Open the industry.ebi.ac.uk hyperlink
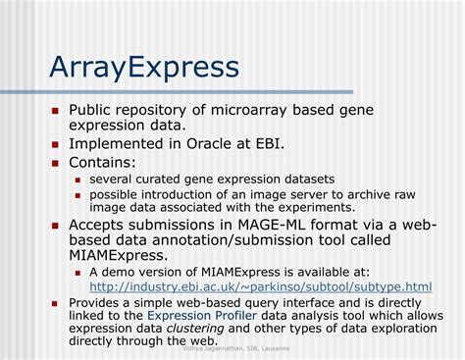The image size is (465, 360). coord(260,286)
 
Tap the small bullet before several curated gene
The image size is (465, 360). coord(79,180)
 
